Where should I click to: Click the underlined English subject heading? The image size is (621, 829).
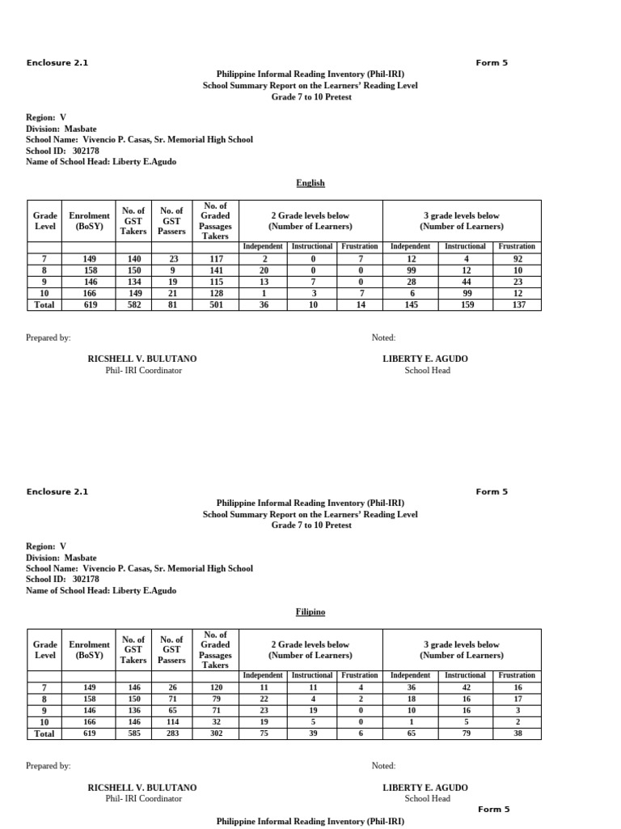(x=310, y=183)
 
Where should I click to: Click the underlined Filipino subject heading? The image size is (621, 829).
(x=310, y=613)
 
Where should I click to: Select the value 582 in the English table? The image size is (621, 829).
(x=133, y=304)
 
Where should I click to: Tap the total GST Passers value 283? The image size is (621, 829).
(x=171, y=733)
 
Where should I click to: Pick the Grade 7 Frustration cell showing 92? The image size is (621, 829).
(x=517, y=259)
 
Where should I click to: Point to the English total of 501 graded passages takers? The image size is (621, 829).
(x=215, y=304)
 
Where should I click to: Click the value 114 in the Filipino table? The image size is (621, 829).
(x=171, y=721)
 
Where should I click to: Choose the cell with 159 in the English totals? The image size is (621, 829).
(x=465, y=304)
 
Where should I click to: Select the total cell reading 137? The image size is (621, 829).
(x=517, y=304)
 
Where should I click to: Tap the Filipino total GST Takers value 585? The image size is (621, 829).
(x=133, y=733)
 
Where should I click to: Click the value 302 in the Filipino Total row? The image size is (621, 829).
(x=215, y=733)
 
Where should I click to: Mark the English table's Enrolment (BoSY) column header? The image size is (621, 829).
(x=89, y=221)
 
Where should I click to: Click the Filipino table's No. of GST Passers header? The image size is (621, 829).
(x=171, y=649)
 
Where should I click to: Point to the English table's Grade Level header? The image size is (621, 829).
(x=45, y=221)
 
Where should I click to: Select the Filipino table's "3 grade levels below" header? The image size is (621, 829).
(x=462, y=649)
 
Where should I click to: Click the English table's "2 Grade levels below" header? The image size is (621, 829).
(x=310, y=221)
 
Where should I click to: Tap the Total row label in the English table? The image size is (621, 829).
(x=45, y=304)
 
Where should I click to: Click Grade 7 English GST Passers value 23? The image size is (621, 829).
(x=171, y=259)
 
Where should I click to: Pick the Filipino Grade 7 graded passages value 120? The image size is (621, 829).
(x=215, y=687)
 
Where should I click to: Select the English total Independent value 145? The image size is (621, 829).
(x=411, y=304)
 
